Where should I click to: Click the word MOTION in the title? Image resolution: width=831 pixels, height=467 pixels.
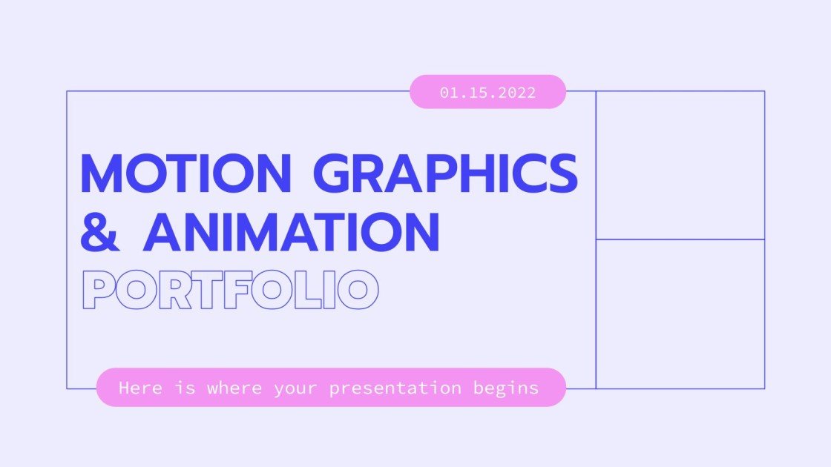click(x=185, y=174)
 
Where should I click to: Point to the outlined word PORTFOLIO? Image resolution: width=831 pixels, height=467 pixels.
click(x=230, y=290)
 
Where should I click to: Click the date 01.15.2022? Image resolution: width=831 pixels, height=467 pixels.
click(x=487, y=93)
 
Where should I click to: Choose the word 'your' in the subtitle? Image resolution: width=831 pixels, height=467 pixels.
click(x=296, y=388)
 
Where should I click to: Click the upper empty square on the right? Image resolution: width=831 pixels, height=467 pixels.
click(x=680, y=165)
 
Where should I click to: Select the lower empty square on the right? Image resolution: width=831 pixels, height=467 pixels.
click(x=680, y=314)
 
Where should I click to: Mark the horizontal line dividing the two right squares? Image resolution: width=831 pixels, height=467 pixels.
click(x=680, y=239)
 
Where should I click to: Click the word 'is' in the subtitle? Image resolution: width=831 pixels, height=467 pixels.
click(x=187, y=388)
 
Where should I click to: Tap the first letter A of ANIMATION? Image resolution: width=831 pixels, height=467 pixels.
click(x=165, y=231)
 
